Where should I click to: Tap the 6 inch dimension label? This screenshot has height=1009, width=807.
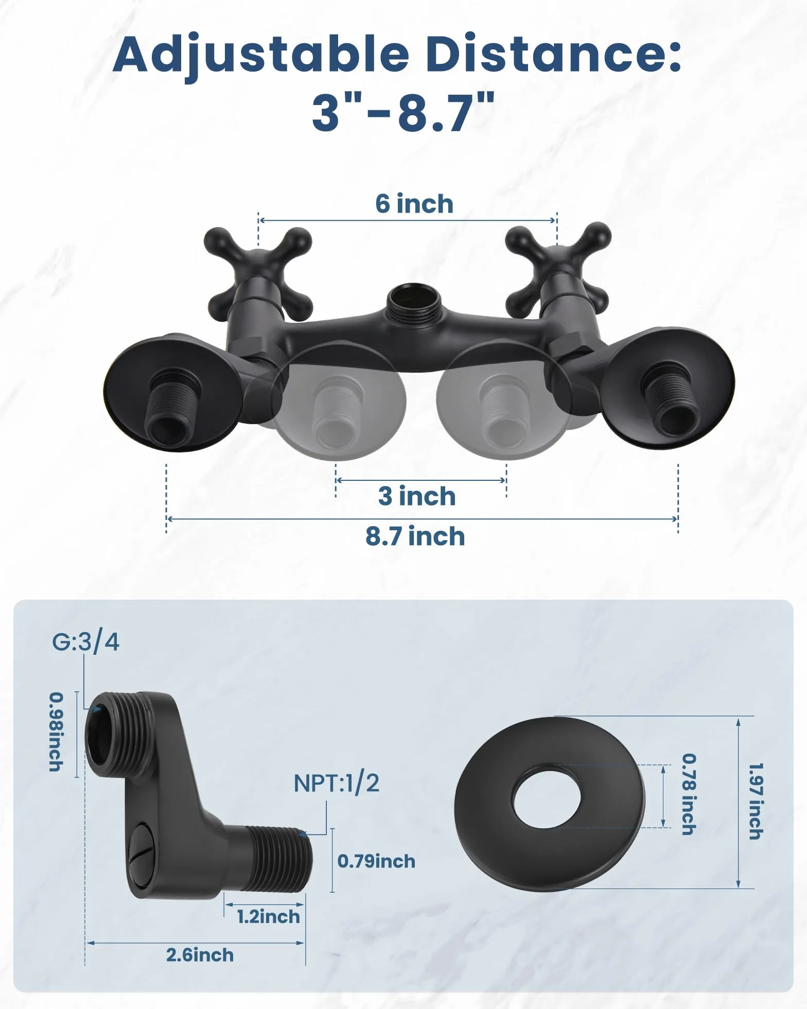tap(414, 204)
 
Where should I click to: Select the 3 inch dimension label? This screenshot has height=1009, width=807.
tap(417, 496)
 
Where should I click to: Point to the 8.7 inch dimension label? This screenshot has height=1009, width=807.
tap(415, 536)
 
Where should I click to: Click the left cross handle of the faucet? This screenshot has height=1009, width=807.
tap(258, 273)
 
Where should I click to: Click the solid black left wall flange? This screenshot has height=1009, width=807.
tap(172, 392)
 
